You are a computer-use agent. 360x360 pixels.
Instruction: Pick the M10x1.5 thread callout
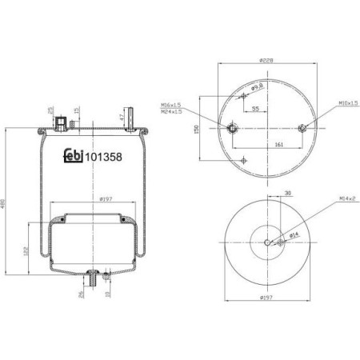click(346, 103)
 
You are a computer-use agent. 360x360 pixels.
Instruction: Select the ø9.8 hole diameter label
click(258, 86)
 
